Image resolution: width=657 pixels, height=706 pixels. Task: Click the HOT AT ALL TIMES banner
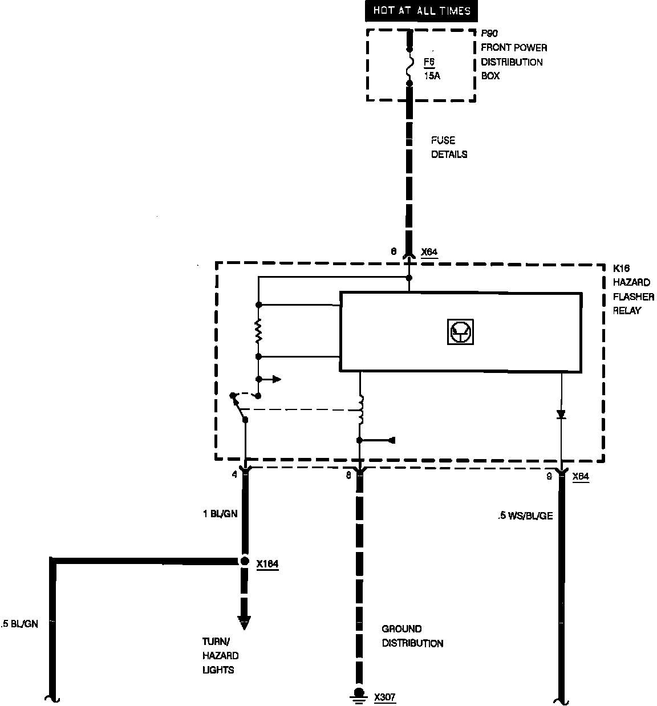click(422, 11)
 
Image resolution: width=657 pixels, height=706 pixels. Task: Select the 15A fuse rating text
click(432, 75)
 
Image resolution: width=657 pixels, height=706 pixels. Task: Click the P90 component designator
click(489, 34)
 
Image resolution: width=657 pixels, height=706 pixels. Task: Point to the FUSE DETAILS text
click(449, 147)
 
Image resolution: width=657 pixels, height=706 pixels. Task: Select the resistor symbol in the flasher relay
click(258, 331)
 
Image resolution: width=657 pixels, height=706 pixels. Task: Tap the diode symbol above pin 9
click(561, 415)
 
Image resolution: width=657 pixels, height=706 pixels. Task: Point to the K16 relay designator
click(621, 268)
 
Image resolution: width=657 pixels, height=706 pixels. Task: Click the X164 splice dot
click(245, 562)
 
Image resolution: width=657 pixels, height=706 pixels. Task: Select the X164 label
click(267, 565)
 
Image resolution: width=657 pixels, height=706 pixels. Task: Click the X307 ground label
click(385, 697)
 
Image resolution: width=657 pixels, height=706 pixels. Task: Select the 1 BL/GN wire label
click(220, 513)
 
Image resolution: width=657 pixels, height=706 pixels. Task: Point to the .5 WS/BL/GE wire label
click(524, 516)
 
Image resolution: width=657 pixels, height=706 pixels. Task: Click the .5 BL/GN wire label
click(20, 624)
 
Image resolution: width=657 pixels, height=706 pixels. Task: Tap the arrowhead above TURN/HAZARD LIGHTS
click(245, 623)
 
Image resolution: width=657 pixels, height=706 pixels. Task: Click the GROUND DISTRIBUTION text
click(412, 636)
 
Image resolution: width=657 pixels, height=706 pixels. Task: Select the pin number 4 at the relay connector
click(235, 474)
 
